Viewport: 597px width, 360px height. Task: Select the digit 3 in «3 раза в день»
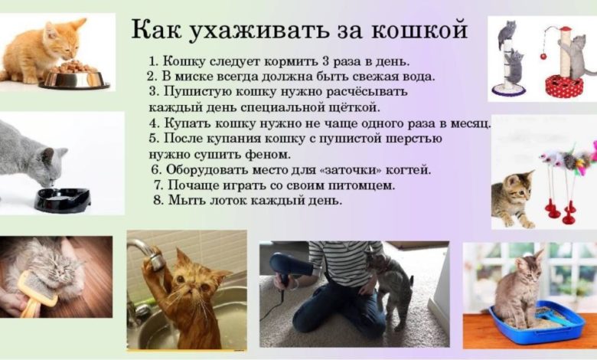pos(325,61)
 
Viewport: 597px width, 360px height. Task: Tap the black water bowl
pos(62,199)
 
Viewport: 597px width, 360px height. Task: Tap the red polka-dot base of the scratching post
pos(564,86)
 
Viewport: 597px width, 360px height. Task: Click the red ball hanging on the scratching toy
pos(543,57)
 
